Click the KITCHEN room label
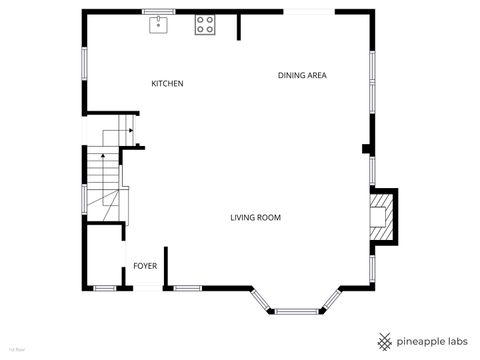(x=167, y=83)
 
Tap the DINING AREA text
(x=302, y=75)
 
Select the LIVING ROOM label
(x=255, y=217)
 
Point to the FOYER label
(x=145, y=266)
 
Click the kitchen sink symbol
(x=159, y=24)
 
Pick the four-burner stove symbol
(x=205, y=24)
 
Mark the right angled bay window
(x=331, y=300)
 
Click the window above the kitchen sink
(x=159, y=12)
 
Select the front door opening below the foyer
(x=146, y=288)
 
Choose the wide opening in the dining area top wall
(x=309, y=12)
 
